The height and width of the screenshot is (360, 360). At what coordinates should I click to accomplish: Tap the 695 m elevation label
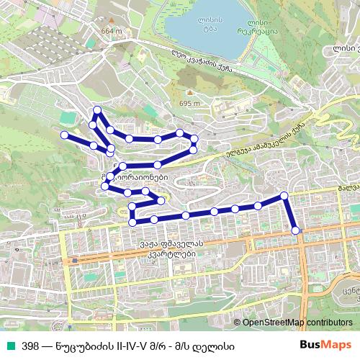point(189,104)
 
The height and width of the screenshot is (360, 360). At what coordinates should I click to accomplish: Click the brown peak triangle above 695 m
point(188,94)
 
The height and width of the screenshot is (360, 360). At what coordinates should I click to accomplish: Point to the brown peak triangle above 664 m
point(113,21)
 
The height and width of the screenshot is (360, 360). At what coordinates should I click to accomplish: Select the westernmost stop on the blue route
point(65,135)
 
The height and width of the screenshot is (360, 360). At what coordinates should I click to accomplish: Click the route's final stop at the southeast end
point(296,230)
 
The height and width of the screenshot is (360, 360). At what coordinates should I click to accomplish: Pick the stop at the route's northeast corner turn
point(284,196)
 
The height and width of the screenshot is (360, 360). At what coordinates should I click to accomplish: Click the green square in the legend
point(8,345)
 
